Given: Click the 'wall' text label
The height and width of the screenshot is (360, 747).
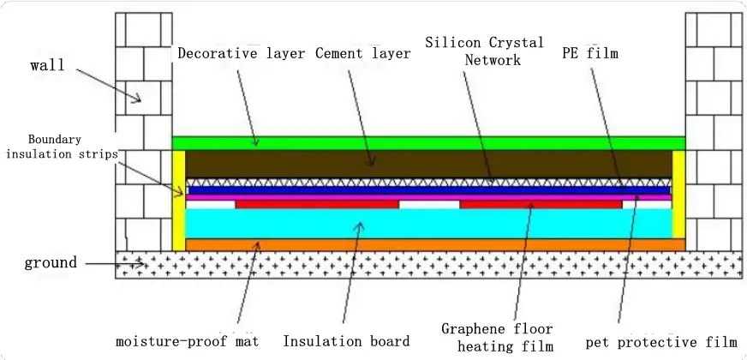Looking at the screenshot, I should [47, 65].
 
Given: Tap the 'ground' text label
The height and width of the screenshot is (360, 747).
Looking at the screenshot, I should [51, 262].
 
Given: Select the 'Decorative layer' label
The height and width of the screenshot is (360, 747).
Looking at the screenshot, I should [242, 53].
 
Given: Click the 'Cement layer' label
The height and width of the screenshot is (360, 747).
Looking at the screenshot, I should [362, 53].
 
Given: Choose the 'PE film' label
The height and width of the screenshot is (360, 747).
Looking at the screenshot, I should [589, 53].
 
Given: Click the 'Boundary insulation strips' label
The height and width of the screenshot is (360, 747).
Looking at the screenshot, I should [59, 147].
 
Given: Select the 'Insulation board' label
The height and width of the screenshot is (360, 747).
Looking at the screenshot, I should [346, 341].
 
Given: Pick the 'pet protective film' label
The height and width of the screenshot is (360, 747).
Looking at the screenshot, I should [660, 342].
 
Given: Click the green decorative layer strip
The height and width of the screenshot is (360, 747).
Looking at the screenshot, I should [428, 142].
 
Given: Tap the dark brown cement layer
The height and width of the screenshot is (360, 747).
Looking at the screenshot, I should [428, 164].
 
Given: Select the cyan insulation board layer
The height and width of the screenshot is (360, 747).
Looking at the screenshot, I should [428, 224].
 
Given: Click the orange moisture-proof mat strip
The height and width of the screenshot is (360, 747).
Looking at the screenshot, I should [428, 245].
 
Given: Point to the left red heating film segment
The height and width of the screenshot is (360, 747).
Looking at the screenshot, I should [317, 205].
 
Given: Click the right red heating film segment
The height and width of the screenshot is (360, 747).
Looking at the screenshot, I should [541, 205].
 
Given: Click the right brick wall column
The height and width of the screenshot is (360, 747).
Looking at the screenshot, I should [713, 129].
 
